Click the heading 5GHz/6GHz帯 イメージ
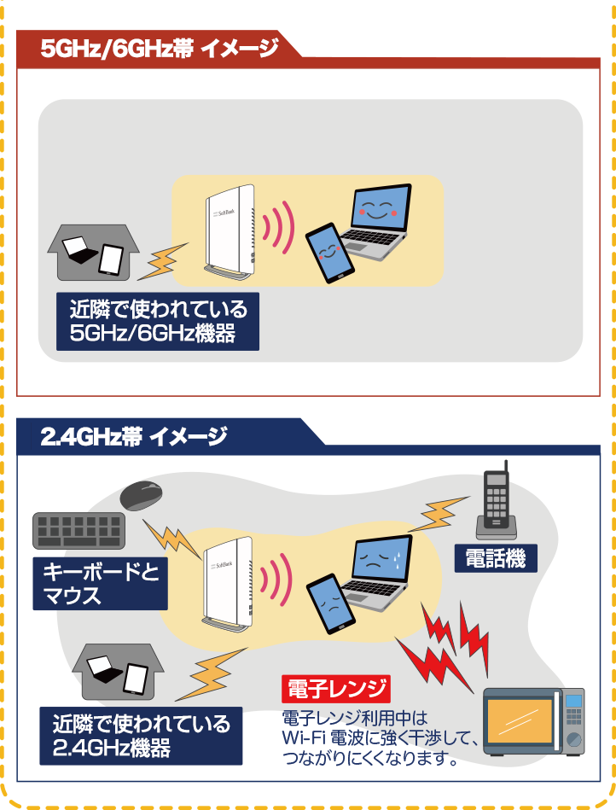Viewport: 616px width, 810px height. click(x=160, y=49)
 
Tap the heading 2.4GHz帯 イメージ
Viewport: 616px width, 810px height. click(x=134, y=437)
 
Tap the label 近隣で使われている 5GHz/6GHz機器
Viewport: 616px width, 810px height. click(x=158, y=321)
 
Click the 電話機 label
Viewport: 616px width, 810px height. click(x=495, y=559)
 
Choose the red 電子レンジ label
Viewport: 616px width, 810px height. click(x=335, y=688)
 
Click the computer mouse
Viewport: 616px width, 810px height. click(x=142, y=495)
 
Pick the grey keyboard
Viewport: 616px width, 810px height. click(x=78, y=530)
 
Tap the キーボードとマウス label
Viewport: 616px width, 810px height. click(x=100, y=583)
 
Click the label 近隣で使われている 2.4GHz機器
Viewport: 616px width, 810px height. click(x=141, y=736)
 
